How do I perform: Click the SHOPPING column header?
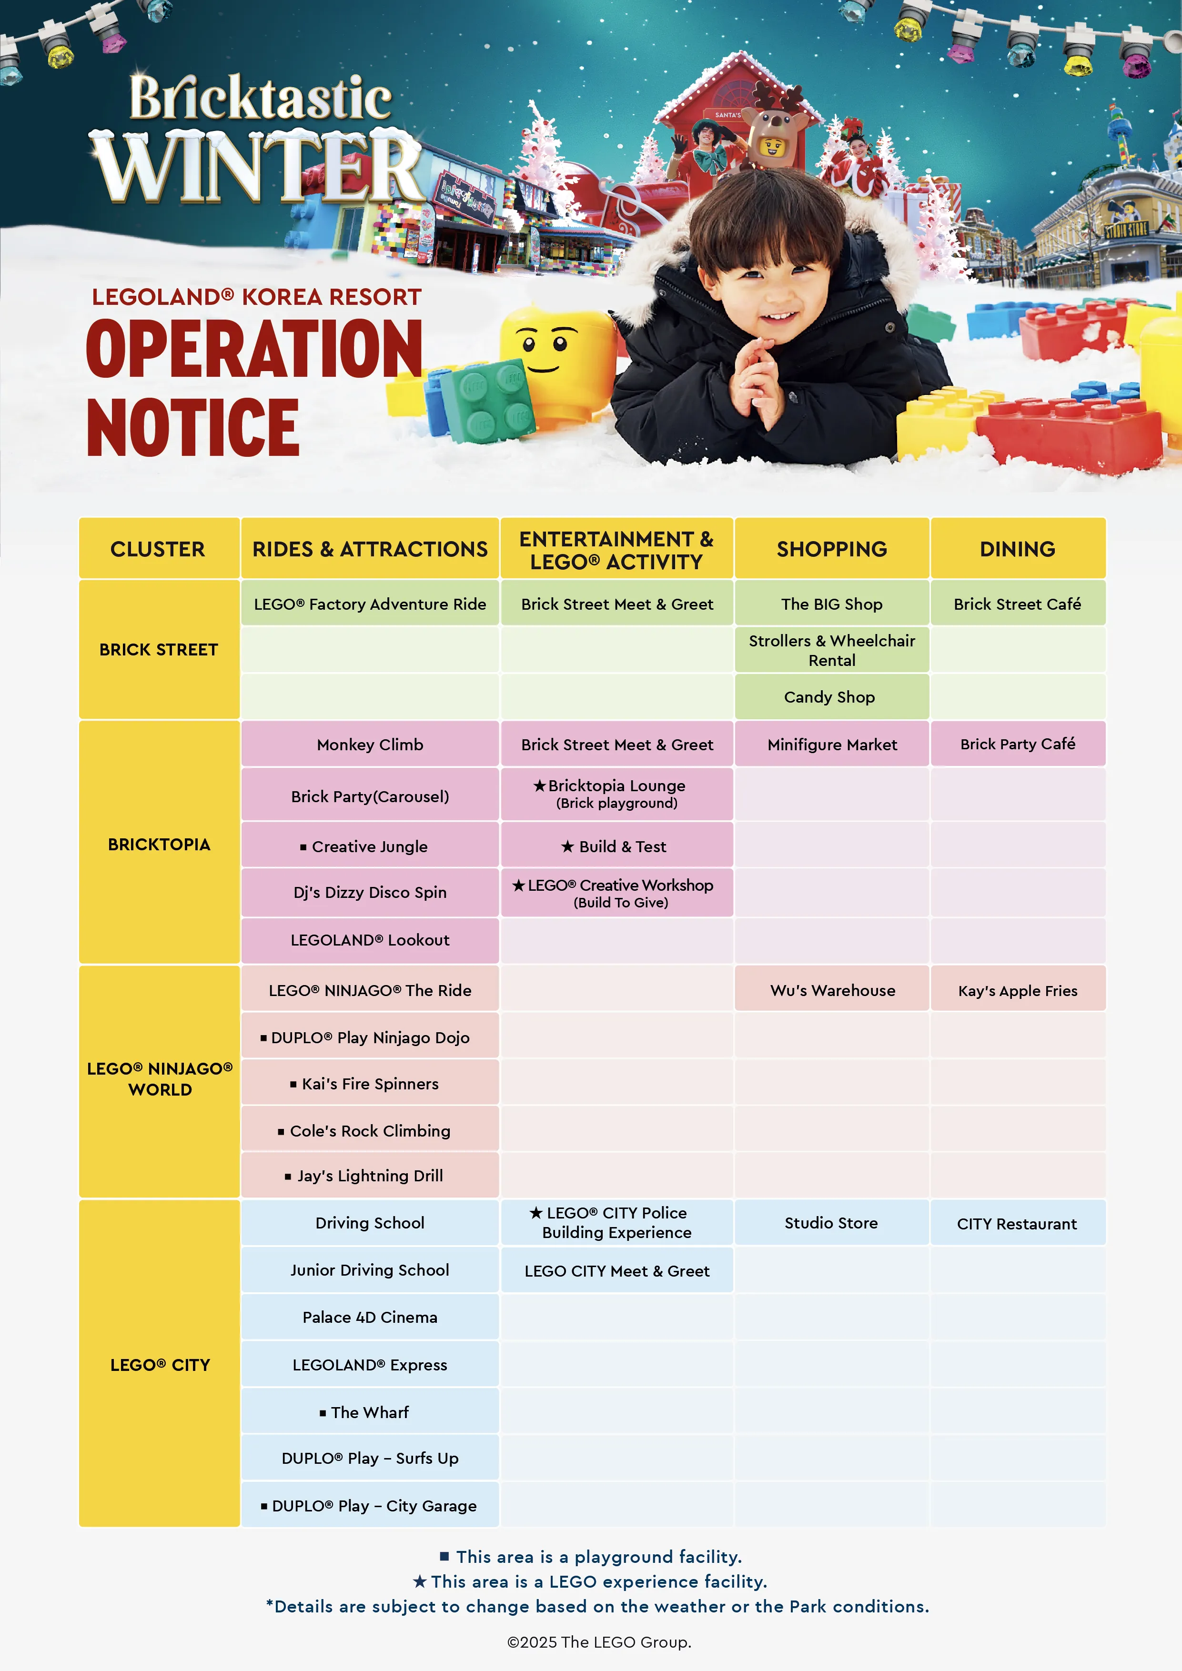(x=831, y=549)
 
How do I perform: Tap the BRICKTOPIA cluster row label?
(x=159, y=844)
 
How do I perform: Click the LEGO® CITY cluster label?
(x=160, y=1365)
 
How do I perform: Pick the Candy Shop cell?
(x=830, y=696)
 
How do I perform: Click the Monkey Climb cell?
(x=370, y=745)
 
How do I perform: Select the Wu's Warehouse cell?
(x=832, y=990)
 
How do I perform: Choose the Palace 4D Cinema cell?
(x=370, y=1317)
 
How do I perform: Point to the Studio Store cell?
(x=830, y=1223)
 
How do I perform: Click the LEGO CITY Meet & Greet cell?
(x=616, y=1271)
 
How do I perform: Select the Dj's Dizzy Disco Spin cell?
(x=370, y=892)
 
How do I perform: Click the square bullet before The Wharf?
(x=323, y=1413)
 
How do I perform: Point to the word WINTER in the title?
(x=258, y=167)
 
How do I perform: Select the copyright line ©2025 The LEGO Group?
(x=599, y=1642)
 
